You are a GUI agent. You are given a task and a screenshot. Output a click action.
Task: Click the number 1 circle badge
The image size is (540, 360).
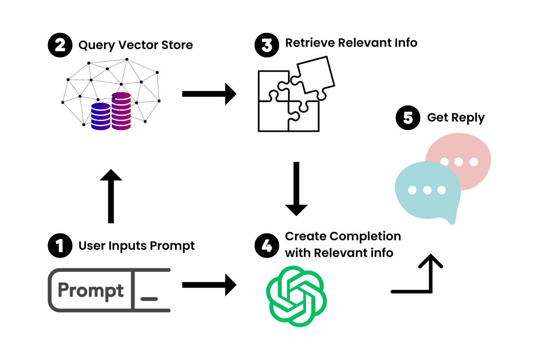59,246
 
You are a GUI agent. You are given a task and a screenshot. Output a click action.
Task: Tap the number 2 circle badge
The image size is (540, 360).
59,45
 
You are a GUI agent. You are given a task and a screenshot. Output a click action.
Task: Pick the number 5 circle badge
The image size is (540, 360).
407,118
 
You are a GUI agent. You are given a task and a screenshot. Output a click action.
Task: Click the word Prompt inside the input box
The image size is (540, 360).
90,291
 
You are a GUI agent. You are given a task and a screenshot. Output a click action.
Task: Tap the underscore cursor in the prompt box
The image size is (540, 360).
149,298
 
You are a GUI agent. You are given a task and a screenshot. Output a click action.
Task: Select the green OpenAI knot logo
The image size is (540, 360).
296,296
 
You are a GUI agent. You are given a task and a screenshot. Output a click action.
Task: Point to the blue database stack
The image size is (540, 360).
100,117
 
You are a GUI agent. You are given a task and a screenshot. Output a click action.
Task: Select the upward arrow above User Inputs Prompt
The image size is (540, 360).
110,197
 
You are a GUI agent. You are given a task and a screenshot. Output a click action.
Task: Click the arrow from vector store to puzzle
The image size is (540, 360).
209,94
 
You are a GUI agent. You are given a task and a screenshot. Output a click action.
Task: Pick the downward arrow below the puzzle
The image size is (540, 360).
296,189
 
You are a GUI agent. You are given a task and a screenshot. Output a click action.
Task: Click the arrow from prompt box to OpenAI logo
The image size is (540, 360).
209,285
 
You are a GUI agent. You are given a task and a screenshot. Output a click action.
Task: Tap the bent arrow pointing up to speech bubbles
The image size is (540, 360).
423,277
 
